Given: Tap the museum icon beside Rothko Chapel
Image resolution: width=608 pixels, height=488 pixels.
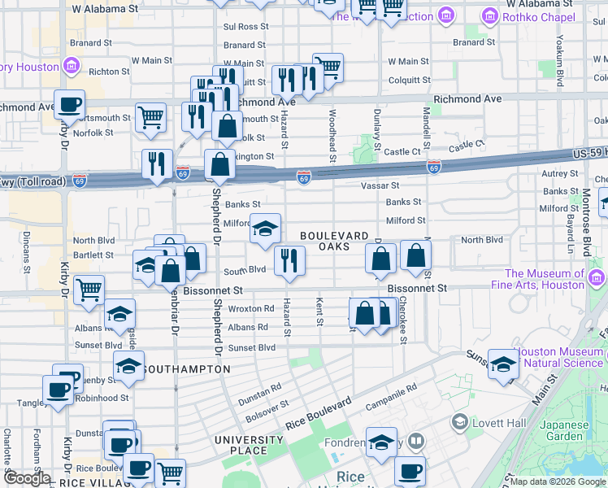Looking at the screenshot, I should (490, 15).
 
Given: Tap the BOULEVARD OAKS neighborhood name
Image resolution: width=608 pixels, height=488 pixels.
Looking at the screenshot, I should (336, 241).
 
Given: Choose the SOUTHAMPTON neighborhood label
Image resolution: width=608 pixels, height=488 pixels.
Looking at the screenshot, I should (187, 369).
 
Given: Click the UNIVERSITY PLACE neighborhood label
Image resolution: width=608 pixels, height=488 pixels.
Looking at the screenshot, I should (248, 446).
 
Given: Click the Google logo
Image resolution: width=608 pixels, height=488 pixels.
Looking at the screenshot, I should (27, 478).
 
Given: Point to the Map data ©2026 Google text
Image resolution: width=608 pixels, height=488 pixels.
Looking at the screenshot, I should (558, 481).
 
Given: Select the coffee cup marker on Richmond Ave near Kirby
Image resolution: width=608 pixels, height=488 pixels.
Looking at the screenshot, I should (69, 103).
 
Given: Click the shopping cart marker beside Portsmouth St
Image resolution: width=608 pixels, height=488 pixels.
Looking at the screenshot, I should (150, 117).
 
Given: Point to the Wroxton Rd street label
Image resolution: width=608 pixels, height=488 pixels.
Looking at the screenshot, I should (251, 309).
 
